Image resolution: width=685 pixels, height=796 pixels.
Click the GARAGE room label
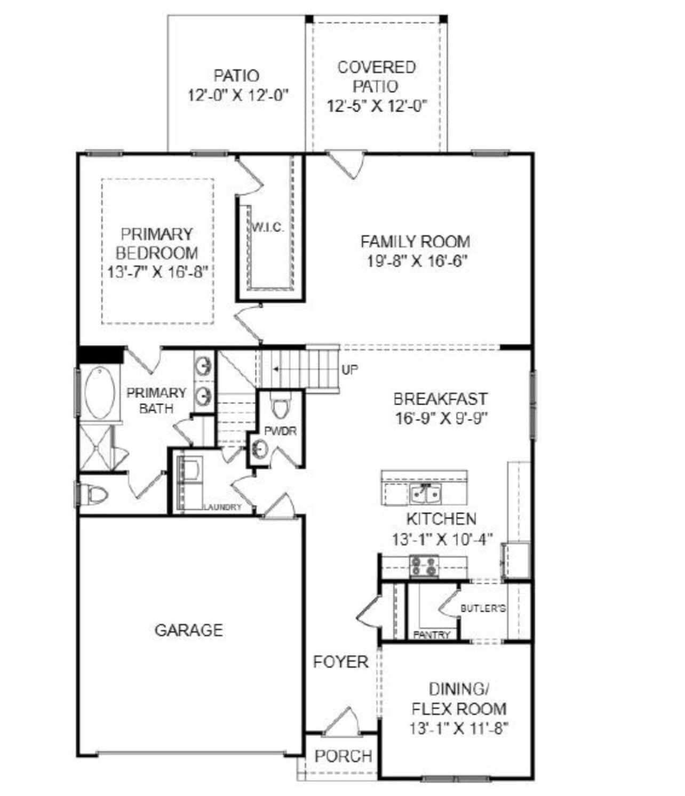188,630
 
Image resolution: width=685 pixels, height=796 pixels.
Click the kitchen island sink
425,494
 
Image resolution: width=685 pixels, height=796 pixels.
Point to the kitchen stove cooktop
424,566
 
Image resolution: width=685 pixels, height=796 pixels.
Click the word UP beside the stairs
350,369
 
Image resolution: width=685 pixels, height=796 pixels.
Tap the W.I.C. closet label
268,228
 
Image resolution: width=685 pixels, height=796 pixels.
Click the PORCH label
343,756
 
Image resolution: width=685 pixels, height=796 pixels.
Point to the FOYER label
340,662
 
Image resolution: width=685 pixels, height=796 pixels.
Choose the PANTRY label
432,635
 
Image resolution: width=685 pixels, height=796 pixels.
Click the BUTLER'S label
483,608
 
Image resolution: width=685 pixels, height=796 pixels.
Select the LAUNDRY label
222,507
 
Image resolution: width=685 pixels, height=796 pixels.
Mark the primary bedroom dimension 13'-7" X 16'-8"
157,272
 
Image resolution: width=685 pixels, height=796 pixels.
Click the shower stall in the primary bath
97,448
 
